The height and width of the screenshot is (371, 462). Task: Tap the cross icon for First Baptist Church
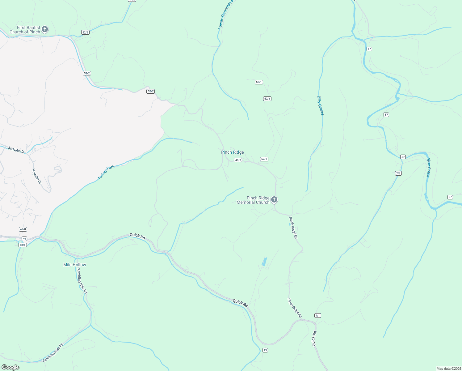(x=45, y=29)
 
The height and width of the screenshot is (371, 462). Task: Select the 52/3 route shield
(x=86, y=32)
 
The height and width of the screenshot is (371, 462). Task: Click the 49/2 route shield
(x=238, y=160)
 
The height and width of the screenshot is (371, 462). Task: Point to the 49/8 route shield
(x=23, y=229)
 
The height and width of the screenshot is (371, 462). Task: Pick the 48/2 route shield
(x=23, y=245)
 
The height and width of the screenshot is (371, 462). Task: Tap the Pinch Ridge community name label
(x=233, y=152)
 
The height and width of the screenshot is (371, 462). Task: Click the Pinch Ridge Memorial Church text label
(x=253, y=200)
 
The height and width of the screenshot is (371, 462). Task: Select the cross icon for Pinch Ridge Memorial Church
(x=274, y=200)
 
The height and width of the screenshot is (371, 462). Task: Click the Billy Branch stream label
(x=321, y=106)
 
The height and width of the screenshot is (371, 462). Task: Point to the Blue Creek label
(x=428, y=168)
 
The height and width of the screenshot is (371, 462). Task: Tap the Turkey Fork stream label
(x=106, y=173)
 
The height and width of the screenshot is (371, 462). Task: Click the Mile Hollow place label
(x=75, y=265)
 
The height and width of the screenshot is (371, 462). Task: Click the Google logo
(x=10, y=367)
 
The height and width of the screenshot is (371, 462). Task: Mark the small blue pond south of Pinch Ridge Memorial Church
(x=264, y=262)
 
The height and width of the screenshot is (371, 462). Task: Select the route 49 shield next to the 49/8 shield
(x=24, y=239)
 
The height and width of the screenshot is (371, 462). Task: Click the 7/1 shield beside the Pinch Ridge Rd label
(x=318, y=315)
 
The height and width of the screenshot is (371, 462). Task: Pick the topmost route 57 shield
(x=369, y=49)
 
